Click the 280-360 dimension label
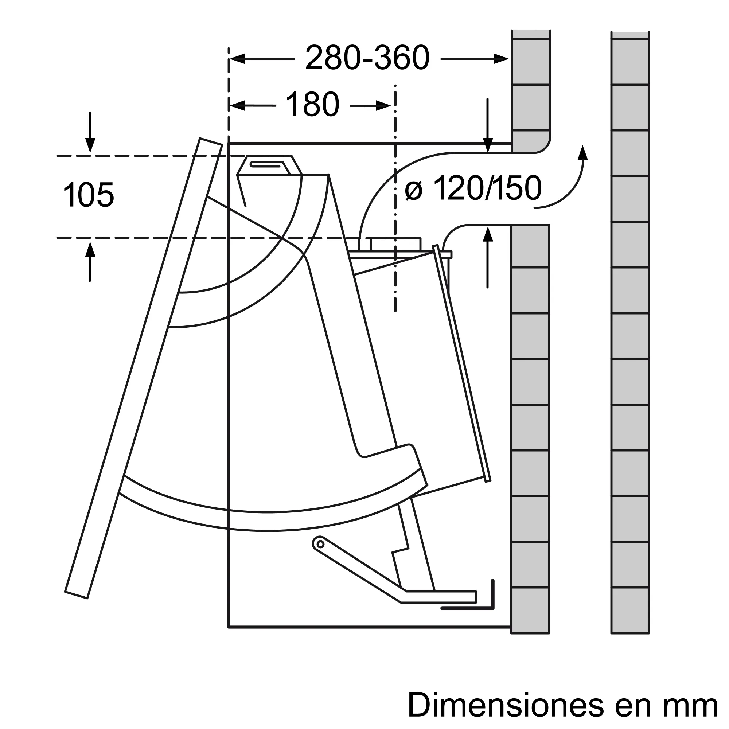coord(367,58)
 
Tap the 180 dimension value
coord(312,105)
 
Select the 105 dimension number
coord(88,195)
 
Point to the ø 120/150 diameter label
coord(473,189)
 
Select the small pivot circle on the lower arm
coord(320,544)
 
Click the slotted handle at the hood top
coord(266,164)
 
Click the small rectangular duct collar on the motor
coord(395,244)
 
